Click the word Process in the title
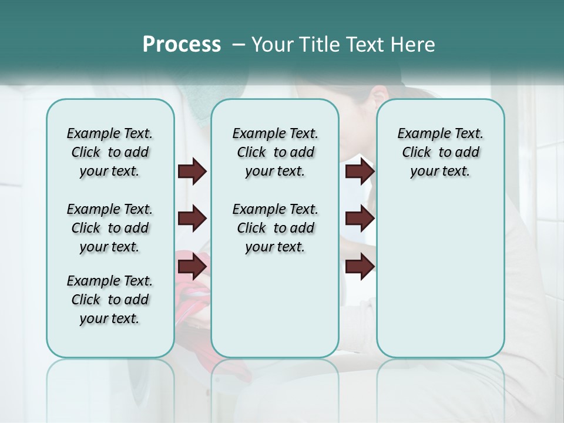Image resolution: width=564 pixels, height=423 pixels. (x=182, y=45)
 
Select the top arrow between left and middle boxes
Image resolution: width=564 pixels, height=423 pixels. (x=192, y=172)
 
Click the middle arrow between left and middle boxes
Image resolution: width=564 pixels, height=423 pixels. (x=192, y=219)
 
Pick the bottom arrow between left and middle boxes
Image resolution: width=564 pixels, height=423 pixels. (x=192, y=266)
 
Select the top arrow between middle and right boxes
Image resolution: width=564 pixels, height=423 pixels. (x=360, y=172)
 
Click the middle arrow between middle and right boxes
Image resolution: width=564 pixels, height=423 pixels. (x=360, y=219)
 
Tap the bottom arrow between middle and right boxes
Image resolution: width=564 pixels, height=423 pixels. (x=360, y=266)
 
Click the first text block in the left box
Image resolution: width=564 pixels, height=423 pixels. (x=110, y=152)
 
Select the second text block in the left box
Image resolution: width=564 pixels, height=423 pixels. (x=110, y=228)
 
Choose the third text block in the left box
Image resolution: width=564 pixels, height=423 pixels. (x=110, y=300)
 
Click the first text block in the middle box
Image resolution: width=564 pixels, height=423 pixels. (x=275, y=152)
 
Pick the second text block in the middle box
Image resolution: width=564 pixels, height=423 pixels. (x=275, y=228)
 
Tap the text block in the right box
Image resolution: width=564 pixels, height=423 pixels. (x=440, y=152)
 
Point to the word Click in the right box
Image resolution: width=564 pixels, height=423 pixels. (x=417, y=153)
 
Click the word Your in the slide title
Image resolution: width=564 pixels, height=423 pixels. (x=271, y=45)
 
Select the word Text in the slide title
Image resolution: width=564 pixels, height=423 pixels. (x=365, y=45)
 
